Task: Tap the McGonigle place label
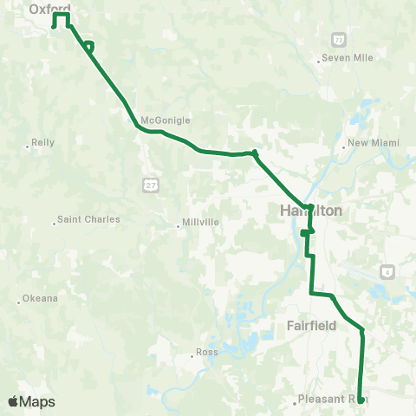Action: (165, 120)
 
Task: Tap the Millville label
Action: (200, 222)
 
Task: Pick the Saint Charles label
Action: (88, 219)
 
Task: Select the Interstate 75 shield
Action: (338, 40)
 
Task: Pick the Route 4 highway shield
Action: (387, 271)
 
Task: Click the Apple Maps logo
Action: (31, 401)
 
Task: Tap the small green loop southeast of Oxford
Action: (89, 45)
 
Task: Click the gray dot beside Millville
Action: (179, 225)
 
